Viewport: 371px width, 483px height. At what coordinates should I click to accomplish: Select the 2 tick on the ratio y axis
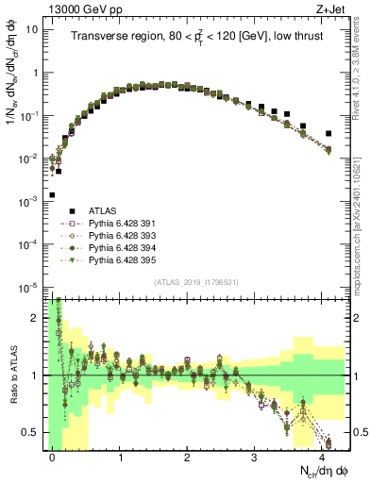[x=35, y=318]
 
